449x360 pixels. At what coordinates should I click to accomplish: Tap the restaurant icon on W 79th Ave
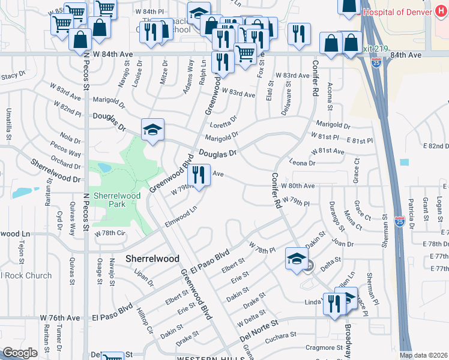pyautogui.click(x=199, y=175)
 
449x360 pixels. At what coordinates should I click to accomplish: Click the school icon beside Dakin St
pyautogui.click(x=295, y=259)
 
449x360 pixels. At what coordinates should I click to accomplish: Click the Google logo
pyautogui.click(x=20, y=352)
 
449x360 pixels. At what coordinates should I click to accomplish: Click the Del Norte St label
pyautogui.click(x=259, y=331)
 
